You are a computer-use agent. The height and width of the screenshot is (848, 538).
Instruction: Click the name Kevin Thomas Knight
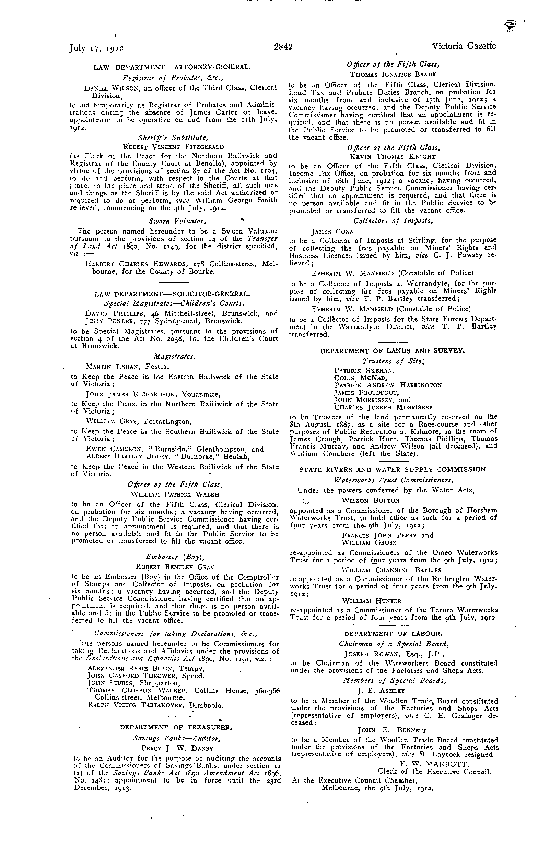pyautogui.click(x=392, y=156)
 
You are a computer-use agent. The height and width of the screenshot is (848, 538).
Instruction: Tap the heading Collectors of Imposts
pyautogui.click(x=393, y=221)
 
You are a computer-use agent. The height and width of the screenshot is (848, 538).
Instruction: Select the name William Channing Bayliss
pyautogui.click(x=392, y=570)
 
